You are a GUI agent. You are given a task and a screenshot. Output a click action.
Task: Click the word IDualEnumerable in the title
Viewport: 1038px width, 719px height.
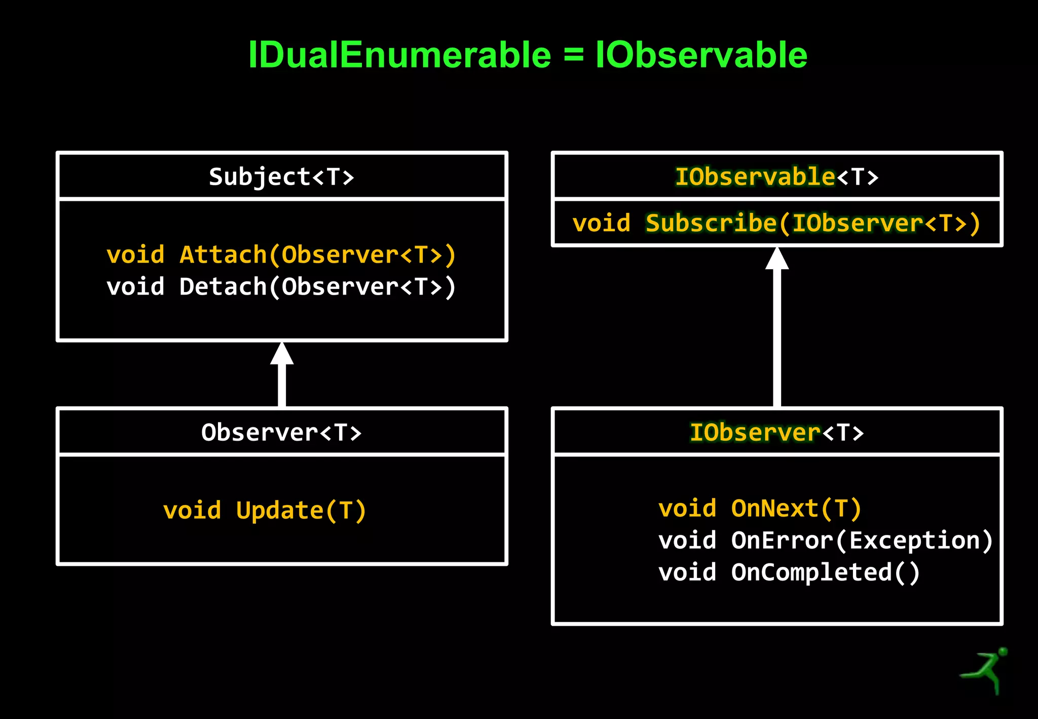tap(399, 55)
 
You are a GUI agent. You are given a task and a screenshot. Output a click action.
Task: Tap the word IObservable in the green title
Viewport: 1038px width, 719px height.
tap(701, 55)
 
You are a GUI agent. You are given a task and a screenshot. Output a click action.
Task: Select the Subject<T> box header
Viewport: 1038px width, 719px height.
tap(281, 177)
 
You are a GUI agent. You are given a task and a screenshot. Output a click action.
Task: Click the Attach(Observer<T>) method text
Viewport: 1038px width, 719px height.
tap(318, 255)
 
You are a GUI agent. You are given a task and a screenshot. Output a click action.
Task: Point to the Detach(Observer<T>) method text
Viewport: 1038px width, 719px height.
tap(318, 286)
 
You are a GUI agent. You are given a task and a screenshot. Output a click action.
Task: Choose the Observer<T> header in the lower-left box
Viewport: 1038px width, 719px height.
tap(281, 433)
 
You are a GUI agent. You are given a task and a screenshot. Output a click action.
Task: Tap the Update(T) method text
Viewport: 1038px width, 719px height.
tap(301, 510)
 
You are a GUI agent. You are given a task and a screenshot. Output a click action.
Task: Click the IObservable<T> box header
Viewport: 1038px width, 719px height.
tap(776, 177)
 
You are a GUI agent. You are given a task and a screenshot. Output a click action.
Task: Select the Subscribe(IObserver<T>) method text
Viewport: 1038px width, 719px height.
tap(813, 224)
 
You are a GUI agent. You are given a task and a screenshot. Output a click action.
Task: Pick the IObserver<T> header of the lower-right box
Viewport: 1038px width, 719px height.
tap(776, 433)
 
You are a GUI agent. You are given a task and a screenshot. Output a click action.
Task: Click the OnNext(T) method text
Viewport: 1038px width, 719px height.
tap(796, 509)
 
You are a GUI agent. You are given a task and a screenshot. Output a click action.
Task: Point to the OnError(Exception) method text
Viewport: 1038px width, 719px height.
tap(862, 541)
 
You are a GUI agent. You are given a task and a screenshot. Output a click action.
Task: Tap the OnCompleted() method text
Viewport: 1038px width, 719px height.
tap(825, 572)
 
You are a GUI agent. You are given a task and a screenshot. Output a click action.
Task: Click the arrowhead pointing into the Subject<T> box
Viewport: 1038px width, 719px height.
tap(282, 354)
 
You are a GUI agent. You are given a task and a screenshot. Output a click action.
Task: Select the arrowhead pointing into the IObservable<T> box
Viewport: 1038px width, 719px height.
tap(777, 259)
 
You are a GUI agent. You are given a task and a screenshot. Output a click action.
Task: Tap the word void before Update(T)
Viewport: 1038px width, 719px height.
tap(192, 510)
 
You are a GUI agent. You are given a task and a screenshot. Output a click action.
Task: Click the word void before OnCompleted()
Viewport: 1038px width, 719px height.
tap(687, 572)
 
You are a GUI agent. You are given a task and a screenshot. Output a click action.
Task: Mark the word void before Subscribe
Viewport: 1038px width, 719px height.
tap(602, 224)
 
